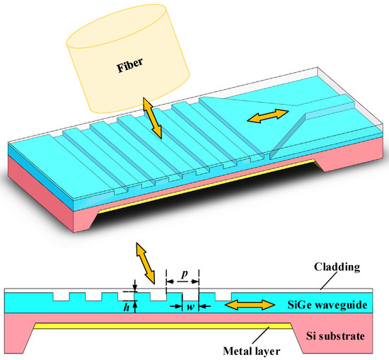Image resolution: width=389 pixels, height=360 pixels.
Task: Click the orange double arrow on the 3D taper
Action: click(267, 117)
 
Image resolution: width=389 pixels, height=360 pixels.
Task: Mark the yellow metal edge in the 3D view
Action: click(212, 185)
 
